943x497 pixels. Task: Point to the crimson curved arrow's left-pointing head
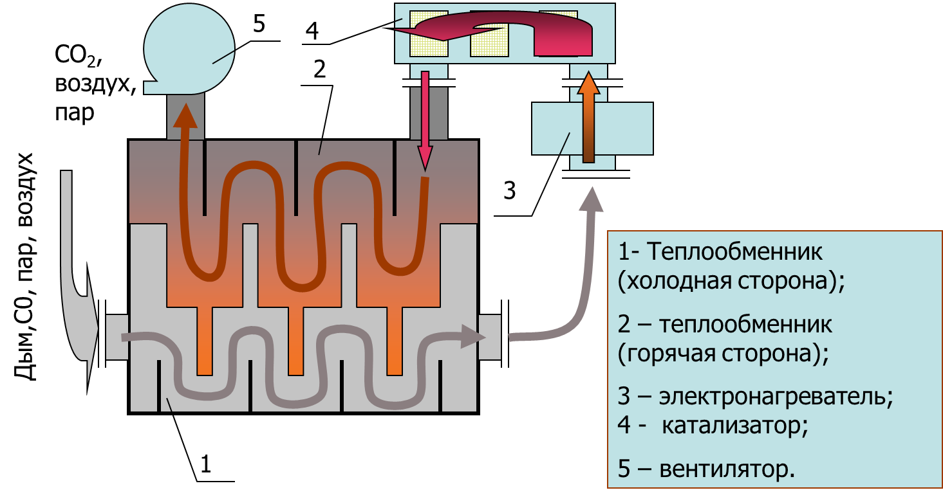(x=425, y=30)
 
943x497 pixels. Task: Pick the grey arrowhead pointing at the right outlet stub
(x=472, y=336)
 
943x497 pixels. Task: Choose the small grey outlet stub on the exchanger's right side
(x=490, y=337)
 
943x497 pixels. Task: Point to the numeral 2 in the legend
(x=623, y=324)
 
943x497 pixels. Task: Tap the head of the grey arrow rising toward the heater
(x=590, y=199)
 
